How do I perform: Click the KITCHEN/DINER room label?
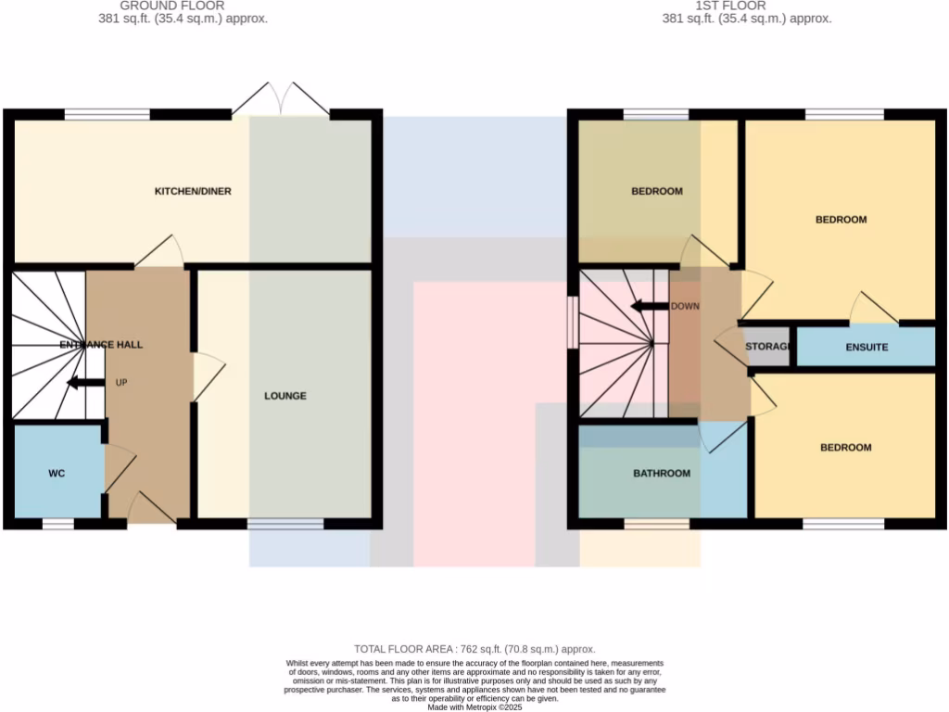coord(192,192)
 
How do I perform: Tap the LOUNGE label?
coord(285,396)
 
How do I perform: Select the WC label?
coord(57,474)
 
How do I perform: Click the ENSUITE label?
coord(867,348)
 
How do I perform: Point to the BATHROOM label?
coord(662,474)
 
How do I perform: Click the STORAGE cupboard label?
coord(767,348)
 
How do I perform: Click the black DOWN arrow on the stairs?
coord(648,307)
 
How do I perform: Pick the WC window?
coord(57,524)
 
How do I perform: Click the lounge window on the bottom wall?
coord(285,524)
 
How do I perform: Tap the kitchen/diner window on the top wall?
coord(107,115)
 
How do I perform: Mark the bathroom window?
coord(656,524)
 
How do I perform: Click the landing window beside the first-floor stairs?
coord(573,322)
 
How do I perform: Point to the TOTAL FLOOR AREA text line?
coord(474,649)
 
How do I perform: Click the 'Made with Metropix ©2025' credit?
coord(474,706)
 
